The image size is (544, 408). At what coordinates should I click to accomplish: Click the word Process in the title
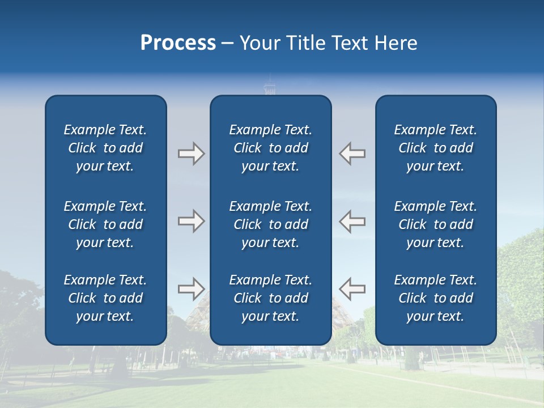coord(178,43)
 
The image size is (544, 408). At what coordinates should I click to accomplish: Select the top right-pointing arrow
coord(191,154)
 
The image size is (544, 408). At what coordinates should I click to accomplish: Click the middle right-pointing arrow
coord(191,221)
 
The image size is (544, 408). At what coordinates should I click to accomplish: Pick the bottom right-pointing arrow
coord(191,288)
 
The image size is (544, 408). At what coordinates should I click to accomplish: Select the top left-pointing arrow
coord(352,154)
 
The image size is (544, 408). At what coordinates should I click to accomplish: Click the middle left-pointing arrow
coord(352,221)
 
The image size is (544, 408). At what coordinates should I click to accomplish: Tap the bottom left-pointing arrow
coord(352,288)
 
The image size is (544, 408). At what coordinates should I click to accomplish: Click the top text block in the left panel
coord(105,148)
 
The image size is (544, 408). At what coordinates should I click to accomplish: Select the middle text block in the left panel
coord(105,224)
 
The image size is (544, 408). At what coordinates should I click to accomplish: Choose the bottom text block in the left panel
coord(105,298)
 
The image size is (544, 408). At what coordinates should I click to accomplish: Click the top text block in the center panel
coord(271,148)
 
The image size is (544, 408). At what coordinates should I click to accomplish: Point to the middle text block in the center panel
coord(271,224)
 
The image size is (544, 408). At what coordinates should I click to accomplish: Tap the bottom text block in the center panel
coord(271,298)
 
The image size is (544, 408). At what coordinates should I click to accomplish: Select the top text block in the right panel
coord(436,148)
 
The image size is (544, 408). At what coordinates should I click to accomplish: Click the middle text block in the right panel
coord(436,224)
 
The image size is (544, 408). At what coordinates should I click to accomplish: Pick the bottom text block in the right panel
coord(436,298)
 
